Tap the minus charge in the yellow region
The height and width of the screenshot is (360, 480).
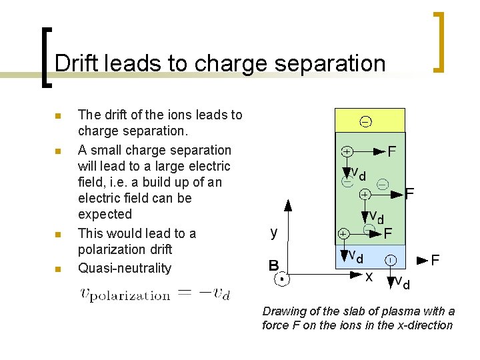tap(366, 121)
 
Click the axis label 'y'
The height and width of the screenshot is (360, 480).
tap(274, 232)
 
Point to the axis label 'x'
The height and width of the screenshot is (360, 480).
tap(369, 276)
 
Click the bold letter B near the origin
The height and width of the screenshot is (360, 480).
tap(273, 265)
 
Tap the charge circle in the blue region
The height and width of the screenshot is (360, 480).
tap(390, 259)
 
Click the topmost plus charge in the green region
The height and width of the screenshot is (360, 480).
tap(347, 151)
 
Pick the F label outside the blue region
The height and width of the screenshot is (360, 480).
tap(434, 259)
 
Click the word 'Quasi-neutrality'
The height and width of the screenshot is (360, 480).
tap(125, 268)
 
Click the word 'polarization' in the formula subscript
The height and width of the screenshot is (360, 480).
tap(131, 295)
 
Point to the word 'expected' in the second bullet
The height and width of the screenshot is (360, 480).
tap(105, 214)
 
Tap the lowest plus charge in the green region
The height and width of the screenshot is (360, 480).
tap(343, 234)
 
